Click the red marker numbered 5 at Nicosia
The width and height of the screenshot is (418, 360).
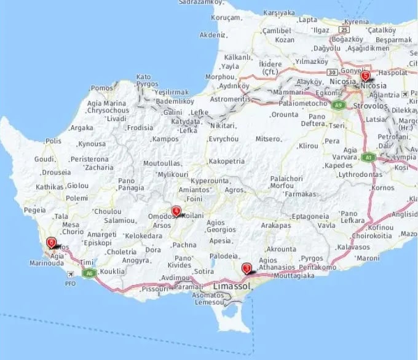[365, 76]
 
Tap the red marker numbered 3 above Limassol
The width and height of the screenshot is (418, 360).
[246, 268]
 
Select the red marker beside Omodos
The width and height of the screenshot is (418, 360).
[176, 211]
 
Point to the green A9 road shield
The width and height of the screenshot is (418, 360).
[337, 105]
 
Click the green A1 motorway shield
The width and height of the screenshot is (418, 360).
[368, 157]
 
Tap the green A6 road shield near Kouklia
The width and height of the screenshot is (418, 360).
[90, 273]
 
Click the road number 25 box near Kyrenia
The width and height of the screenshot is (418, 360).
[345, 28]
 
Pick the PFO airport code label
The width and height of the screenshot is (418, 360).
[71, 284]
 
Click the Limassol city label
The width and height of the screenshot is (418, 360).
[232, 287]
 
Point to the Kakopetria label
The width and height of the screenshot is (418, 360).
[227, 162]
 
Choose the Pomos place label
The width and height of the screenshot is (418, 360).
[102, 88]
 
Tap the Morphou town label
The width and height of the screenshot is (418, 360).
[219, 77]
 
